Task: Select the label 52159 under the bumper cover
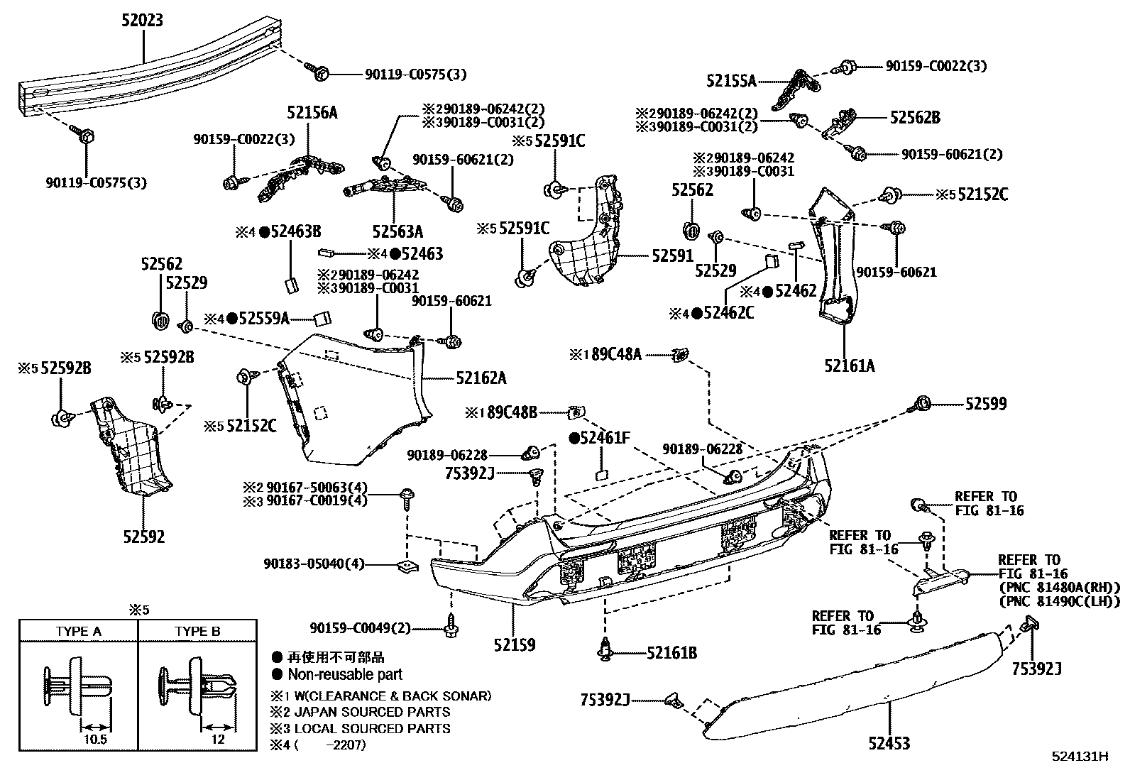pos(515,645)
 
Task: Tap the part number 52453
pos(889,743)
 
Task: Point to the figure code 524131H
pos(1080,757)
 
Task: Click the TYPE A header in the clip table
pos(78,631)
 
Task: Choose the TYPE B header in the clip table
pos(197,631)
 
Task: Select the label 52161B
pos(671,652)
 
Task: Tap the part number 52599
pos(986,404)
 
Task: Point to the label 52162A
pos(481,378)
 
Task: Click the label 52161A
pos(850,366)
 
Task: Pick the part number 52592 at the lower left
pos(143,537)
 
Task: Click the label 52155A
pos(731,82)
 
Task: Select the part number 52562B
pos(915,118)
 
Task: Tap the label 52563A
pos(397,231)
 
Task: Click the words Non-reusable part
pos(344,675)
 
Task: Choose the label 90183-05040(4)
pos(314,564)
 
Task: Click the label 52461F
pos(604,438)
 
